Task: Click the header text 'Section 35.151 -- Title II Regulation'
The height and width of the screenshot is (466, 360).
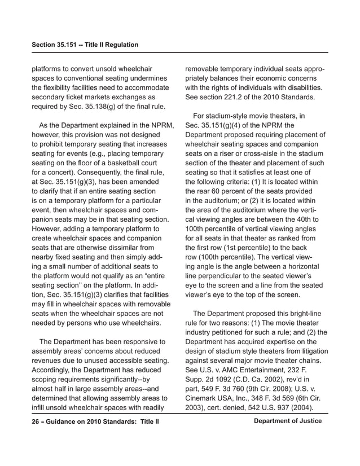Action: point(85,45)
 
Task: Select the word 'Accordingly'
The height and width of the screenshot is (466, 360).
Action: point(54,362)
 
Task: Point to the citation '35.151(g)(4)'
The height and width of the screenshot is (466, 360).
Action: point(223,125)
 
